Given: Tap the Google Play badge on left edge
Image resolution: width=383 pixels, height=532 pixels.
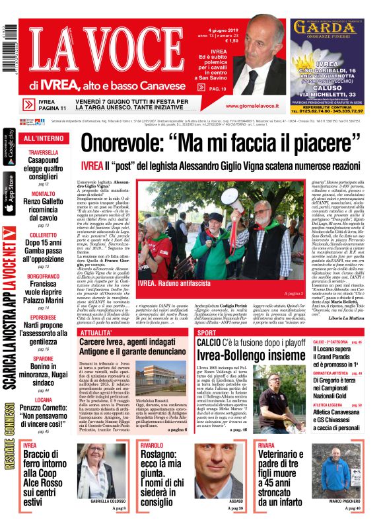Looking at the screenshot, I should pyautogui.click(x=9, y=148).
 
